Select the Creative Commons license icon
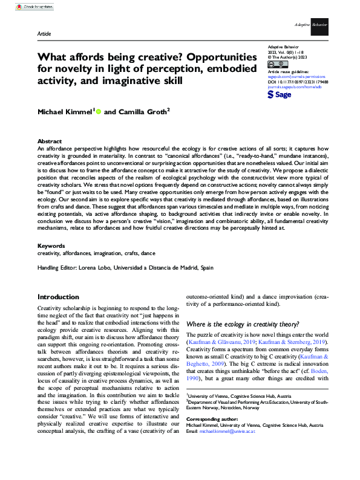click(273, 64)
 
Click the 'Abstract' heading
click(50, 140)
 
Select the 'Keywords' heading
click(52, 246)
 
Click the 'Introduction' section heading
click(58, 297)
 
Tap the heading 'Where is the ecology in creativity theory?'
click(243, 324)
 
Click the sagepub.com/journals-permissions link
click(295, 77)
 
